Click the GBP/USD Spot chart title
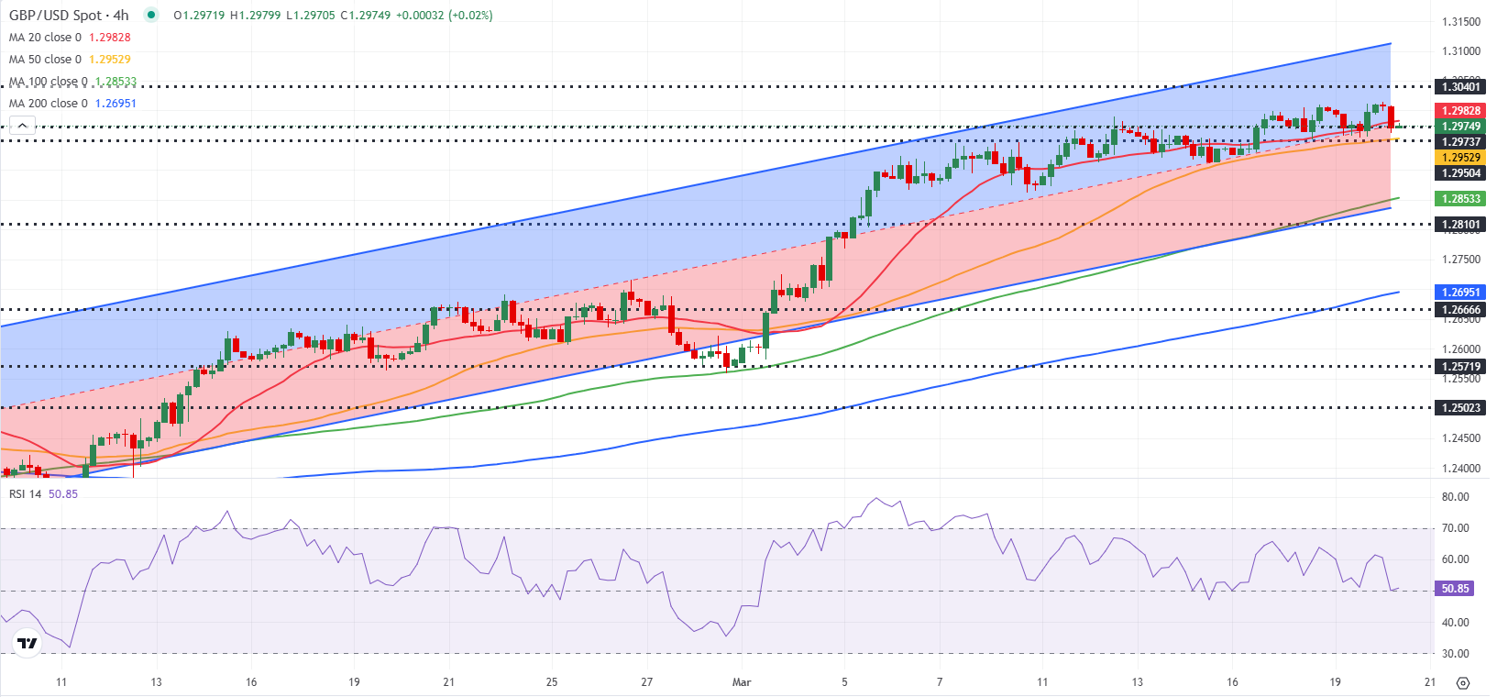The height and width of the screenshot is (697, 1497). click(x=69, y=16)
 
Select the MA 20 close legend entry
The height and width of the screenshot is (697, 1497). click(x=45, y=38)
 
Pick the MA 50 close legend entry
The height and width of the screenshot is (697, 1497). click(x=45, y=60)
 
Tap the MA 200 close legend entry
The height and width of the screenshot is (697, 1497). click(x=48, y=104)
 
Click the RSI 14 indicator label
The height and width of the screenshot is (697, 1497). click(x=26, y=494)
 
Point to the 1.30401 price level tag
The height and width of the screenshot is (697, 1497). click(x=1460, y=87)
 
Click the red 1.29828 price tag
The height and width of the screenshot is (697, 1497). click(x=1460, y=111)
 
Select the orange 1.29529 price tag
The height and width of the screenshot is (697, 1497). click(x=1460, y=158)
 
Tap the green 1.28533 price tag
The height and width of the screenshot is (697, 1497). click(x=1460, y=199)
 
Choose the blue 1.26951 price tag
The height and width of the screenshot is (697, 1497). click(x=1460, y=293)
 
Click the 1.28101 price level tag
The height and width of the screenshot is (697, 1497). click(x=1460, y=225)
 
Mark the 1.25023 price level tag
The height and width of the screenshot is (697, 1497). click(x=1460, y=408)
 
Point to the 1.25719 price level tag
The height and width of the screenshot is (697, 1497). click(x=1460, y=367)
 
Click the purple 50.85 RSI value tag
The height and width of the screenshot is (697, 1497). click(x=1455, y=589)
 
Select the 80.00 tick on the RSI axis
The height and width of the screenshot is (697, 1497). click(x=1455, y=497)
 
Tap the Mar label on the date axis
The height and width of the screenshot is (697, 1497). click(x=742, y=682)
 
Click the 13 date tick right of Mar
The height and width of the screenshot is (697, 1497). click(x=1138, y=682)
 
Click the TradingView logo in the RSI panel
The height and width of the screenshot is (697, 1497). click(x=28, y=643)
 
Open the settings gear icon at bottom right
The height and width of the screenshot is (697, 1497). click(x=1463, y=683)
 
